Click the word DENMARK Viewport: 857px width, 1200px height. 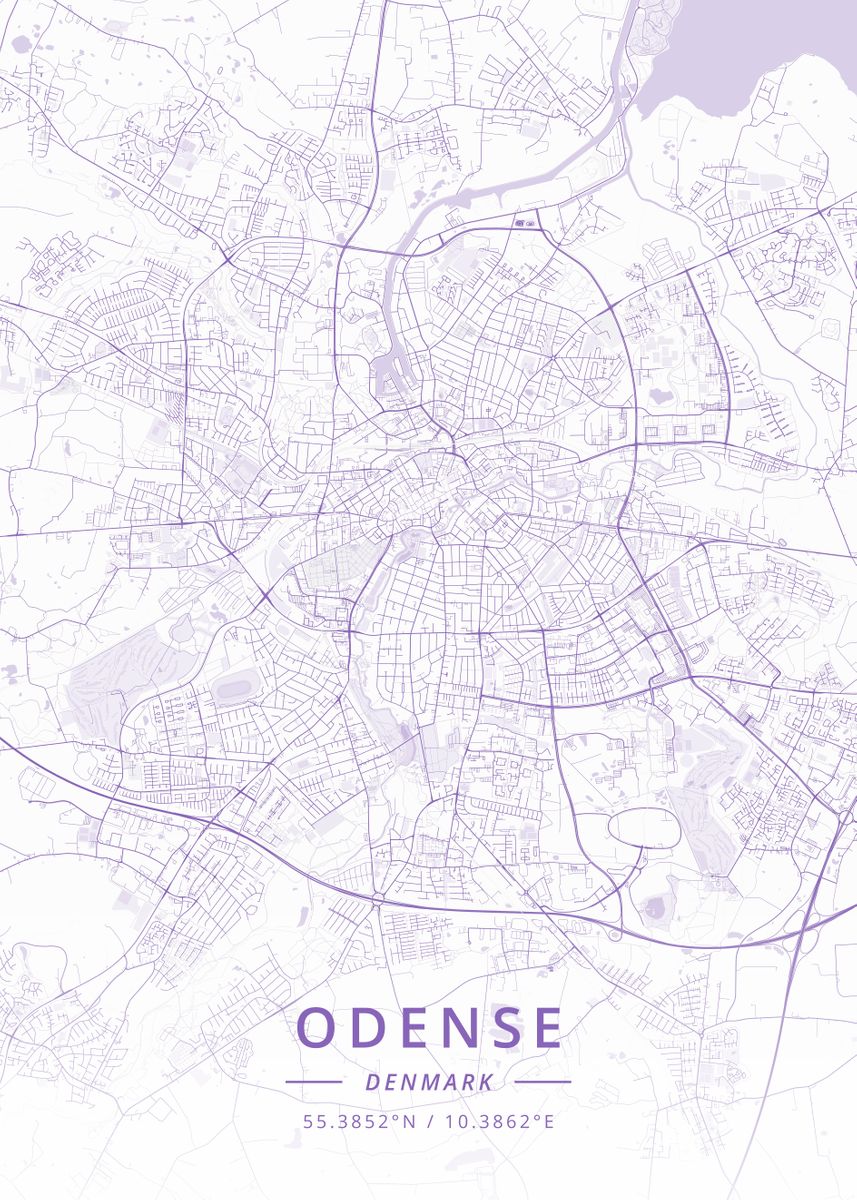(428, 1082)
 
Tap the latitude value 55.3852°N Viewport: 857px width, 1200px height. (359, 1121)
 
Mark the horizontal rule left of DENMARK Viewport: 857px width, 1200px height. (313, 1082)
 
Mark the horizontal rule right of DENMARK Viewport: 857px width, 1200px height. (543, 1082)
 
